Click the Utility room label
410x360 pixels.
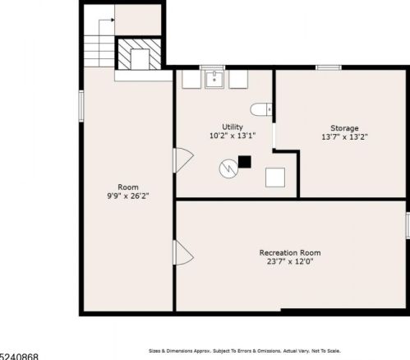(x=233, y=127)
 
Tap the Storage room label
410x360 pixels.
(x=344, y=128)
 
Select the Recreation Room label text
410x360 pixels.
(x=290, y=252)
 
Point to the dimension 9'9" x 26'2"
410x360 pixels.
(x=128, y=196)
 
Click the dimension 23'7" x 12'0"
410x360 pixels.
(x=290, y=261)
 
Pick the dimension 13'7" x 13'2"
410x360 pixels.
(x=344, y=136)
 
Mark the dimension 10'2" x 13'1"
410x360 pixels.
(x=233, y=136)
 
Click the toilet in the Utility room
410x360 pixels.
(x=261, y=109)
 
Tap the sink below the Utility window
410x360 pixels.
(x=214, y=80)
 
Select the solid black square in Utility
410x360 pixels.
(x=245, y=162)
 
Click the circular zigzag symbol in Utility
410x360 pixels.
(x=228, y=168)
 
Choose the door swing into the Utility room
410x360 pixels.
(x=183, y=160)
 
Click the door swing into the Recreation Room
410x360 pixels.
(x=183, y=252)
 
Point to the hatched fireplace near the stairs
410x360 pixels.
(x=140, y=54)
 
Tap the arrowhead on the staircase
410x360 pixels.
(x=113, y=20)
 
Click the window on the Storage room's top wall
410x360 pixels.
(x=329, y=67)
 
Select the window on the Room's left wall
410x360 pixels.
(x=81, y=106)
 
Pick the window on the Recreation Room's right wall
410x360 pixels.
(x=408, y=225)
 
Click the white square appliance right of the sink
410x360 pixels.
(x=238, y=79)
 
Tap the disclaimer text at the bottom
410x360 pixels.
(x=245, y=351)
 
